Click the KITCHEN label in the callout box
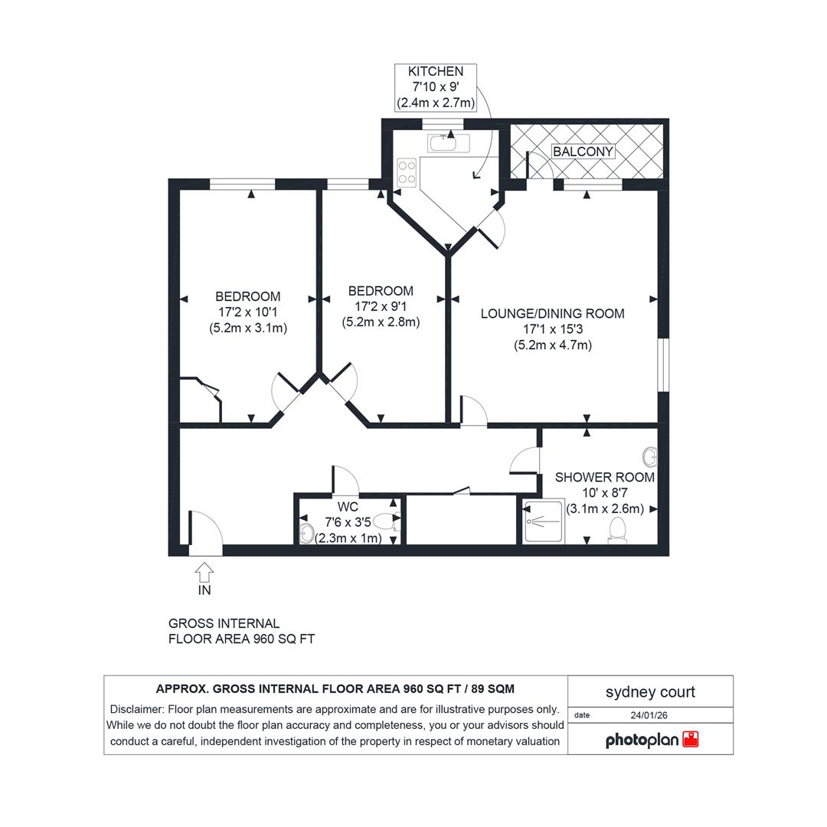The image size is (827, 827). [x=436, y=71]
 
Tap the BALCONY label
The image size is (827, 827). [x=583, y=152]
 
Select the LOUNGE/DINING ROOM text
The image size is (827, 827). [x=552, y=313]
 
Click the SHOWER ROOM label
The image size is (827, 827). [x=604, y=477]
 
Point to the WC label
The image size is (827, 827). [x=348, y=507]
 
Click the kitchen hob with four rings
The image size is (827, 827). [x=407, y=172]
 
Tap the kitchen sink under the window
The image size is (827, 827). [x=449, y=143]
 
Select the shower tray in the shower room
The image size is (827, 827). [x=543, y=521]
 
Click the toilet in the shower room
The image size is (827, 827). [x=616, y=530]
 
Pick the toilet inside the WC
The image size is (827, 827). [x=387, y=522]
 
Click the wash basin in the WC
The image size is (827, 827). [x=306, y=533]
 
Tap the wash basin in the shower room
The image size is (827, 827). [x=651, y=456]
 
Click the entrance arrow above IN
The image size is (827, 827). [x=204, y=572]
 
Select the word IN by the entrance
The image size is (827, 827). [x=204, y=590]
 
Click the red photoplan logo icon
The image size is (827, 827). [x=691, y=739]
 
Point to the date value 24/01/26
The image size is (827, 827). [x=649, y=715]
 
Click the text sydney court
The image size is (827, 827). [x=650, y=691]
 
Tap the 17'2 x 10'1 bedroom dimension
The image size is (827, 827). [x=248, y=312]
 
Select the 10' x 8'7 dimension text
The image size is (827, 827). [x=604, y=493]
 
